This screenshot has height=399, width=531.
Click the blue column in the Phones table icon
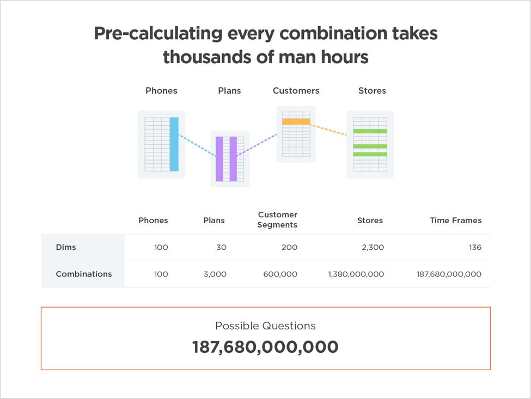click(174, 144)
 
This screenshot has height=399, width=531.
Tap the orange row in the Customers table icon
click(296, 122)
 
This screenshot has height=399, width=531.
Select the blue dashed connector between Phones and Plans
click(197, 145)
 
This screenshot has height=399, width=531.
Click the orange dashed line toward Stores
click(328, 130)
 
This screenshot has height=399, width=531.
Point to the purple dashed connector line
click(257, 145)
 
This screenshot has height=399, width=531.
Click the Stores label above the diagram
click(372, 91)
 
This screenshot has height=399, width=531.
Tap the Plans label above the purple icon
click(230, 91)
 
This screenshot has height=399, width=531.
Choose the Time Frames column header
click(455, 220)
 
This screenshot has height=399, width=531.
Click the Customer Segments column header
click(277, 219)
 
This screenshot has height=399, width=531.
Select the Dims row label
click(66, 247)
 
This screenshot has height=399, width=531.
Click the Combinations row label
click(84, 274)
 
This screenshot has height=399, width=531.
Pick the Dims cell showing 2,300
click(373, 247)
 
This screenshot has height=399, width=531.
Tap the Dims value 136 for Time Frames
click(475, 247)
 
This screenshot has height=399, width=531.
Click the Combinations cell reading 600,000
click(280, 274)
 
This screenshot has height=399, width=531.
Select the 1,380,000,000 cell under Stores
click(356, 274)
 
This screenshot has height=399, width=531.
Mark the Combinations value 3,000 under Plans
click(215, 274)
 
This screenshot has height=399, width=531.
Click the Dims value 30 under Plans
click(222, 247)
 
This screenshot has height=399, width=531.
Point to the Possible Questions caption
click(266, 326)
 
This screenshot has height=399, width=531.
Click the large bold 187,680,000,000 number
click(265, 347)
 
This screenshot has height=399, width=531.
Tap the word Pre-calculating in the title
click(158, 34)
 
